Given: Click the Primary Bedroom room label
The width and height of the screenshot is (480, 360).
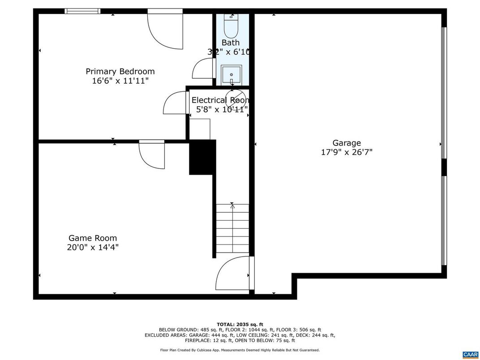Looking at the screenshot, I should (x=120, y=71).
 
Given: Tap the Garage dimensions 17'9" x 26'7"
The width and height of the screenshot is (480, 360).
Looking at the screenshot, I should (x=347, y=152).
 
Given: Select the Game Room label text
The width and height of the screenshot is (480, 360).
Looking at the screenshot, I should (x=93, y=238).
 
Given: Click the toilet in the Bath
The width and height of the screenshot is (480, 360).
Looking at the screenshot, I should (x=231, y=26).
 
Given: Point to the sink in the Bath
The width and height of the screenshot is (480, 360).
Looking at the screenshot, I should (x=231, y=74).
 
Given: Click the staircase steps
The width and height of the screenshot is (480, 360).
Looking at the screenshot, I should (x=232, y=228).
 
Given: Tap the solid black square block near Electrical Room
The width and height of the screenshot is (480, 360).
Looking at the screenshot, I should (x=202, y=157).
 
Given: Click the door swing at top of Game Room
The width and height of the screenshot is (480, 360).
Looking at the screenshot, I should (x=152, y=155).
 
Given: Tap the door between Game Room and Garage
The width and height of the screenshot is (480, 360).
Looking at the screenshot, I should (x=233, y=274).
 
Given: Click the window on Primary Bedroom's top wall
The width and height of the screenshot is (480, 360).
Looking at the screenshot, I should (x=82, y=11).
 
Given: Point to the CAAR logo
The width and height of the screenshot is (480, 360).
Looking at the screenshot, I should (x=470, y=354).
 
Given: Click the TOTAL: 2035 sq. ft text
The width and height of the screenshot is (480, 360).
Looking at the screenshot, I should (x=240, y=324).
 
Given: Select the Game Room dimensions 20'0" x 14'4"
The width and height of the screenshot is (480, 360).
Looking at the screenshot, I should (x=93, y=247).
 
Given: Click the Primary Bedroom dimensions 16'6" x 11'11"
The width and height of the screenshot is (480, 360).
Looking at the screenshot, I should (x=120, y=81).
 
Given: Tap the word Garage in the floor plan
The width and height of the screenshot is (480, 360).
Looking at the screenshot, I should (x=347, y=143).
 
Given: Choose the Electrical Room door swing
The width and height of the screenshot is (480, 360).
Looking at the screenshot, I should (x=175, y=103).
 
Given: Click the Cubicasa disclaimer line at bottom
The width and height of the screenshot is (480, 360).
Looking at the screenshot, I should (x=240, y=350).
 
